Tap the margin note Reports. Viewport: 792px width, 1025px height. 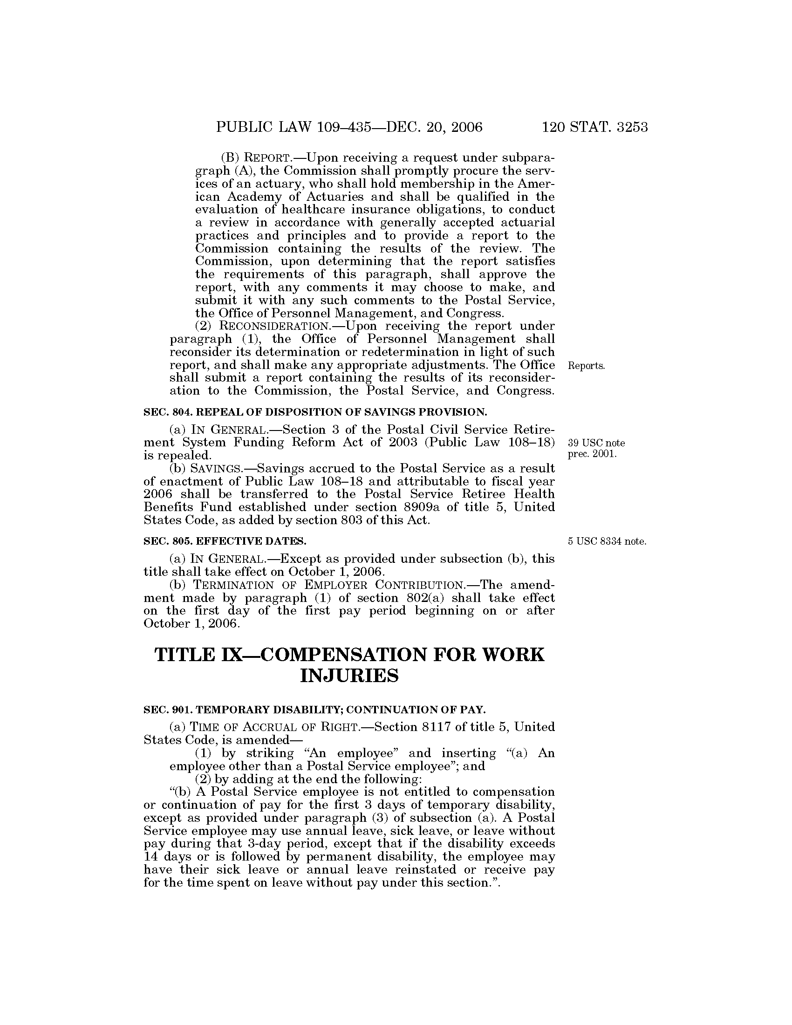(586, 366)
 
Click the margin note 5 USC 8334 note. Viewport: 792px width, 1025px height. (607, 541)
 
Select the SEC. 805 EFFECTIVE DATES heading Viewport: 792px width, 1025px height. (225, 541)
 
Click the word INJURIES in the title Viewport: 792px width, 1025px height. (349, 676)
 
